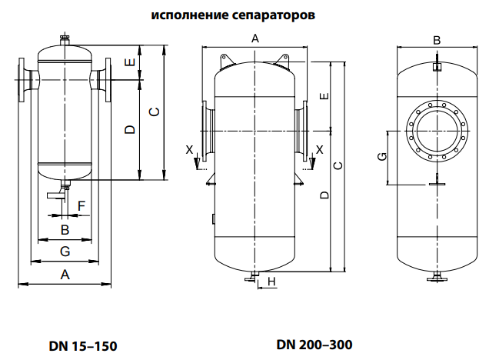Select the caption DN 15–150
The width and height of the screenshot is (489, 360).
pyautogui.click(x=83, y=345)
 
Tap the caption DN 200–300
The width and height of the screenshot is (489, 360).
pyautogui.click(x=314, y=344)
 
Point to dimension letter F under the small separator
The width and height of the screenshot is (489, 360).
pyautogui.click(x=81, y=205)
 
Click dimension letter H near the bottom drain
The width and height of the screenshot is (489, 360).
pyautogui.click(x=272, y=282)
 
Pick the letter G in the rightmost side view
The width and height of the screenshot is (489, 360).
pyautogui.click(x=382, y=157)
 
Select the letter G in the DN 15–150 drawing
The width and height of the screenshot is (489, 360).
pyautogui.click(x=65, y=252)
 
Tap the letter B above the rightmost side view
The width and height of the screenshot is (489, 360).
pyautogui.click(x=436, y=40)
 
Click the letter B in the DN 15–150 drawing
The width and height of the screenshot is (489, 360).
pyautogui.click(x=65, y=229)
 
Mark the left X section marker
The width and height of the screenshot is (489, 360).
pyautogui.click(x=190, y=148)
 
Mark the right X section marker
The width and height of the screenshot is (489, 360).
pyautogui.click(x=320, y=148)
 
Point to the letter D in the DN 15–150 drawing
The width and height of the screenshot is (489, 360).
pyautogui.click(x=130, y=128)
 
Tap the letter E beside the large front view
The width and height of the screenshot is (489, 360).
pyautogui.click(x=324, y=96)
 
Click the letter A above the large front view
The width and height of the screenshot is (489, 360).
pyautogui.click(x=254, y=38)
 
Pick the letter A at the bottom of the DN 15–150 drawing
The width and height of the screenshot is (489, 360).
pyautogui.click(x=65, y=275)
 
